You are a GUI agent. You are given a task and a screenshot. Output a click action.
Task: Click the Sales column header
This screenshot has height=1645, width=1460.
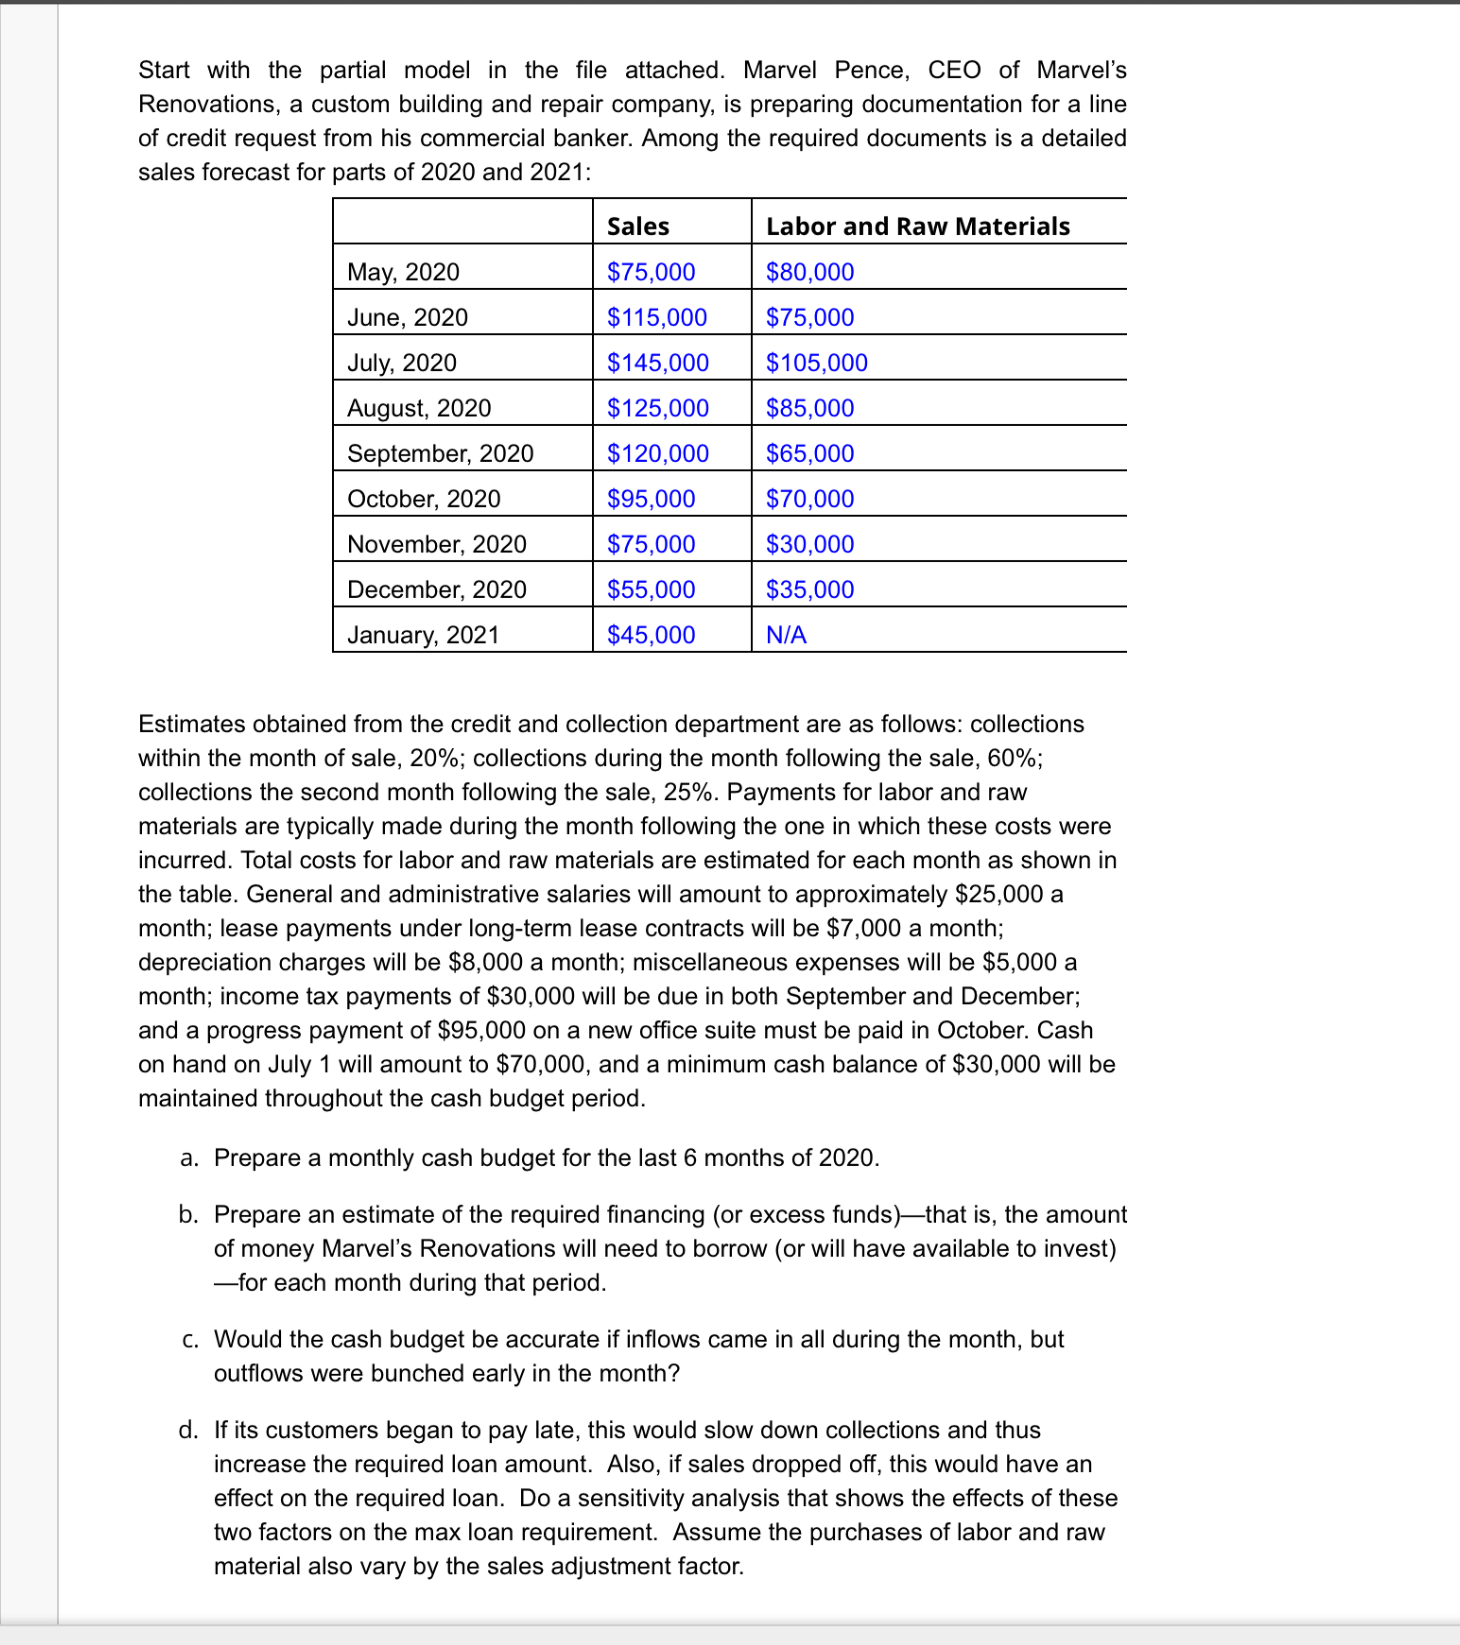638,226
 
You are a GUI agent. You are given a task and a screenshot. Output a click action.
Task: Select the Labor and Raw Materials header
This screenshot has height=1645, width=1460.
917,226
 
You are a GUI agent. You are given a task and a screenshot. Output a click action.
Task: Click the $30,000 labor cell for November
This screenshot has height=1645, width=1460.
810,544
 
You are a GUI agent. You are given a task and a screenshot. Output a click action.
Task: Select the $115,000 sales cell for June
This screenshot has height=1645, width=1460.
657,317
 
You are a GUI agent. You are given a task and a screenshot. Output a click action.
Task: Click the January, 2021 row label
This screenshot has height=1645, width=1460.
423,635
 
